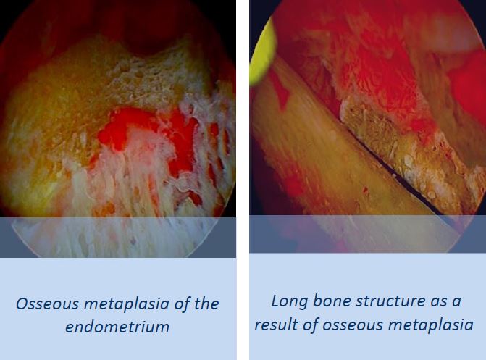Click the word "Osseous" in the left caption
(x=47, y=304)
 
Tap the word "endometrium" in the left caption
(x=117, y=327)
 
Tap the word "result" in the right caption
(x=276, y=325)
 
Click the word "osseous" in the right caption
(x=352, y=325)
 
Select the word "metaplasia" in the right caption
(x=431, y=325)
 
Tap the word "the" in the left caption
(x=206, y=304)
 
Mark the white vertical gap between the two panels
(x=243, y=180)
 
